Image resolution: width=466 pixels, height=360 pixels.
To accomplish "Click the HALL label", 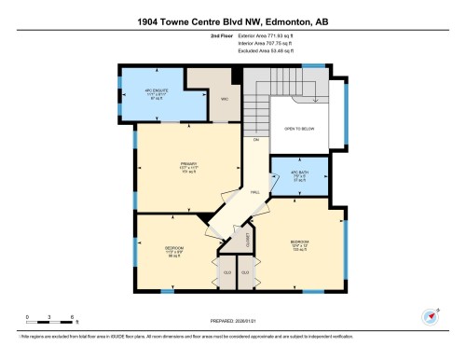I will point(254,192).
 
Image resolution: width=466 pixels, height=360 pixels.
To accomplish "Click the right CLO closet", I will point(245,271).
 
